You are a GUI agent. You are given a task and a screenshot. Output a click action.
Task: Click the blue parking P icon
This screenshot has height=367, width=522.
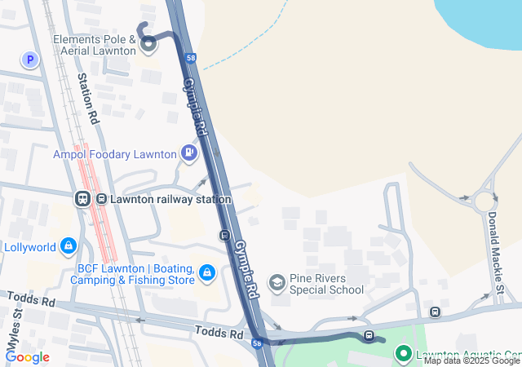[x=31, y=60]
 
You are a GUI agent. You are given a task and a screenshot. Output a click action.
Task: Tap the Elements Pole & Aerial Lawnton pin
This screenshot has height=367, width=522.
[x=148, y=46]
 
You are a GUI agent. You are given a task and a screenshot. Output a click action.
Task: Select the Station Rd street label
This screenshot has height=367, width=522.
[x=88, y=99]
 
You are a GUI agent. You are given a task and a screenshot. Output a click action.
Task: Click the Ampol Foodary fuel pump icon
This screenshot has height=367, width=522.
[x=189, y=152]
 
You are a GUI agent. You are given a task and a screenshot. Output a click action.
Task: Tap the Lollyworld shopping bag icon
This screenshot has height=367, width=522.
[x=69, y=245]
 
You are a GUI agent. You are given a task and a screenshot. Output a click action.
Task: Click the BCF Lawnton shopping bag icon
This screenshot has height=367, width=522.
[x=207, y=272]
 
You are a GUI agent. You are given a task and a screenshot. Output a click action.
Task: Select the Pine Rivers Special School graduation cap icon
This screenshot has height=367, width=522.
[x=277, y=281]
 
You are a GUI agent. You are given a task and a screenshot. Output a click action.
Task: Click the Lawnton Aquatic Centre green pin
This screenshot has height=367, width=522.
[x=403, y=353]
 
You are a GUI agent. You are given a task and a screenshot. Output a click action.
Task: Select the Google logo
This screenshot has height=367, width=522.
[x=27, y=356]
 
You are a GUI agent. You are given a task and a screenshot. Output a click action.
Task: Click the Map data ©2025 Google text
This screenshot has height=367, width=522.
[x=471, y=360]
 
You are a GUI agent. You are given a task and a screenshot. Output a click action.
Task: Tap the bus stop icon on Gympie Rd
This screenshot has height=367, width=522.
[x=224, y=236]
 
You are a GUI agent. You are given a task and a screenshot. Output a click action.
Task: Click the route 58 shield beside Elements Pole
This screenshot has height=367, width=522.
[x=190, y=58]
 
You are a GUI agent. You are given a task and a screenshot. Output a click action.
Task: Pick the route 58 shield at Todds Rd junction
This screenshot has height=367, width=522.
[x=257, y=344]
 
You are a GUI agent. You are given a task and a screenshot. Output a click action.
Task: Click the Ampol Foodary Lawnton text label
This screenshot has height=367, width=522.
[x=115, y=154]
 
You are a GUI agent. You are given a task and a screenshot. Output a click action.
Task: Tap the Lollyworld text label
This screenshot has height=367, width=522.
[x=30, y=247]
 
